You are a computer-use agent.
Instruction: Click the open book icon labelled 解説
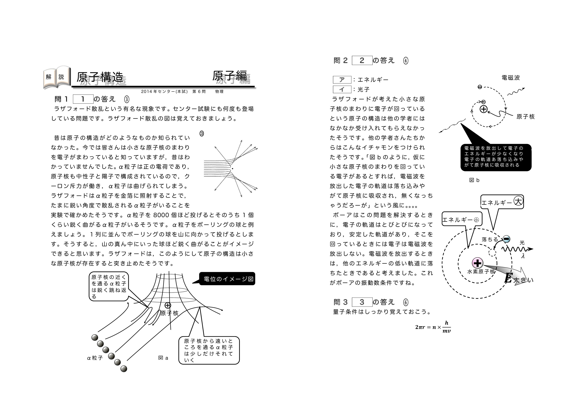coord(57,77)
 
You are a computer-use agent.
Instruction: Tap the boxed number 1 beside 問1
coord(83,99)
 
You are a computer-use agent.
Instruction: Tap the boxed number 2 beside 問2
coord(362,60)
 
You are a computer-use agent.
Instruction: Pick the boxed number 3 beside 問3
coord(362,302)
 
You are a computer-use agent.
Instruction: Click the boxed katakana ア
coord(342,80)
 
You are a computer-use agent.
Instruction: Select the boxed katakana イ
coord(342,89)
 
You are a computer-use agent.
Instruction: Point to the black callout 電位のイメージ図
coord(227,279)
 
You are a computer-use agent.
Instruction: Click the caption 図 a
coord(163,358)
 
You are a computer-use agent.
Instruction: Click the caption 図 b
coord(474,180)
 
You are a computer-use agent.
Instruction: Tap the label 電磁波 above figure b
coord(511,78)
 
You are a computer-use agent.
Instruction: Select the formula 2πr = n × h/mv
coord(433,327)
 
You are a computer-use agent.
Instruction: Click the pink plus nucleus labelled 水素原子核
coord(478,263)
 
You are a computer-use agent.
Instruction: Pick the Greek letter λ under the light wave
coord(523,256)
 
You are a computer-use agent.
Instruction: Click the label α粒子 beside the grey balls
coord(95,358)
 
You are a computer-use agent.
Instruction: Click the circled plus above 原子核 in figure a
coord(168,305)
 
